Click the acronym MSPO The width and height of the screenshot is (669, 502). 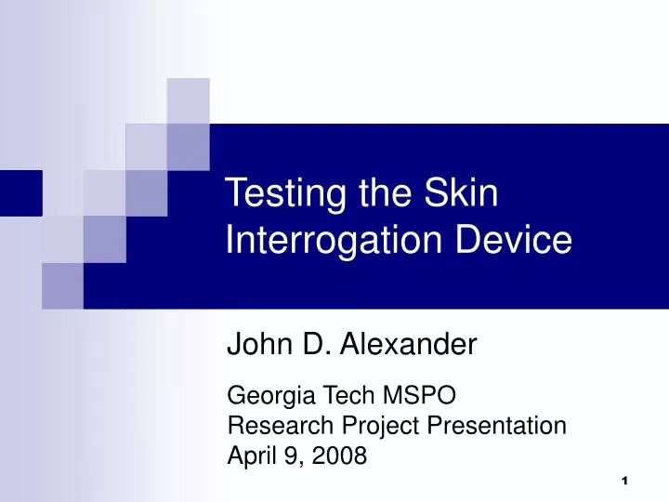click(420, 396)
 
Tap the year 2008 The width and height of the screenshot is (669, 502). click(341, 456)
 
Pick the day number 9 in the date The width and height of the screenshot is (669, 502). click(292, 456)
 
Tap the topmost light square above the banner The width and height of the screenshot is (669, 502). click(189, 100)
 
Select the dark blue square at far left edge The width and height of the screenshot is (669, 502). click(20, 193)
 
